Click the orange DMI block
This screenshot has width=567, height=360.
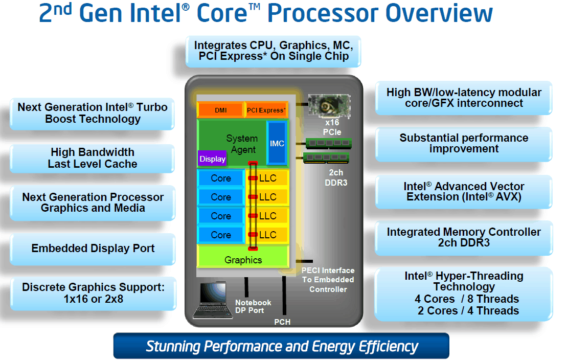220,110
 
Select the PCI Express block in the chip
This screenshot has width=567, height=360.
266,110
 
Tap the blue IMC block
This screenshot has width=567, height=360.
277,144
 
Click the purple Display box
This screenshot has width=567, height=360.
212,159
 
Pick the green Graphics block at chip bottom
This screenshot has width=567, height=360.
243,260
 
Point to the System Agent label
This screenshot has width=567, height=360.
242,144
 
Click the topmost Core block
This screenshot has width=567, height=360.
221,178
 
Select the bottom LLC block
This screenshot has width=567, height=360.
267,235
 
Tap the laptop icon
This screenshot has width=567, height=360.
209,300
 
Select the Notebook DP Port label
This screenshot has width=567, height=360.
253,306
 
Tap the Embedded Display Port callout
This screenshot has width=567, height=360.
93,249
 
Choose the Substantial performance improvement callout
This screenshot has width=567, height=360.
464,143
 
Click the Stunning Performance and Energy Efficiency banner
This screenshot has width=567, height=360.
282,346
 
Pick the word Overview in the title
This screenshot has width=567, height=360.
429,14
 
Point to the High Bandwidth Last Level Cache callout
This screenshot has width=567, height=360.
93,158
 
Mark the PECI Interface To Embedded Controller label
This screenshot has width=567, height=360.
327,280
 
